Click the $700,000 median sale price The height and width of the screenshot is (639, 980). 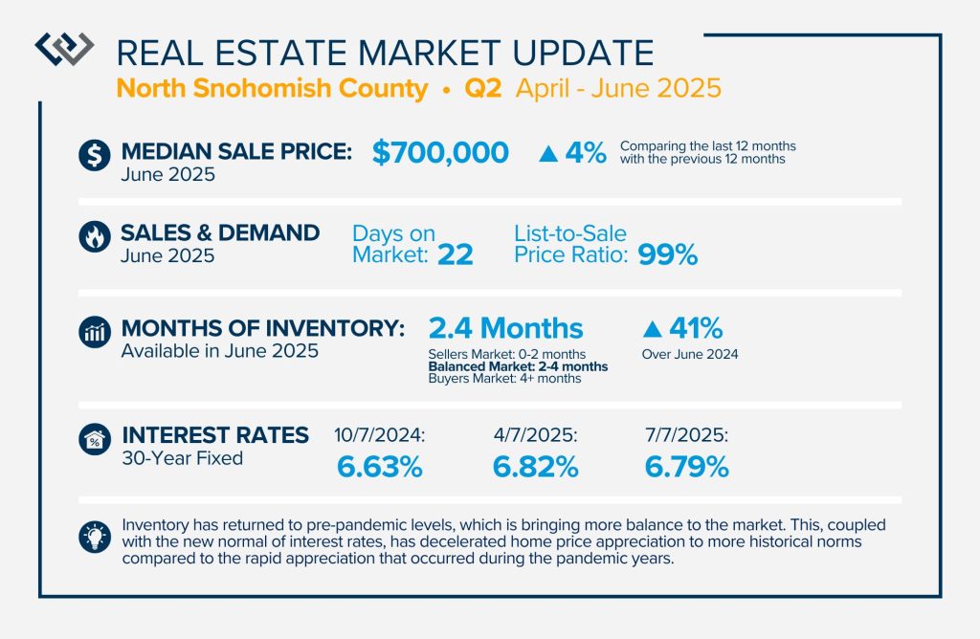(x=439, y=152)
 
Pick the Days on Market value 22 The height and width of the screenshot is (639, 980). (x=456, y=255)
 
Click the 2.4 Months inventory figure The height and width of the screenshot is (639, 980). (x=505, y=329)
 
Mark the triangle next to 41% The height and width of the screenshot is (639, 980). (x=652, y=329)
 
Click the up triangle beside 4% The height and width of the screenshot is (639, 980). (x=548, y=153)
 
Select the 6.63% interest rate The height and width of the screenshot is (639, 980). (x=380, y=467)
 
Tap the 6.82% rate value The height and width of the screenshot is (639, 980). (x=535, y=467)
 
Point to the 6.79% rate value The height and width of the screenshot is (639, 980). (x=687, y=467)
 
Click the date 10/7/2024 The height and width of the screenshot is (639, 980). (x=379, y=436)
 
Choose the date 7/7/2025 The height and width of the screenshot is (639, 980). (x=686, y=436)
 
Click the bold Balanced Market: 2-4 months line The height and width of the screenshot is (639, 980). (x=518, y=366)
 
